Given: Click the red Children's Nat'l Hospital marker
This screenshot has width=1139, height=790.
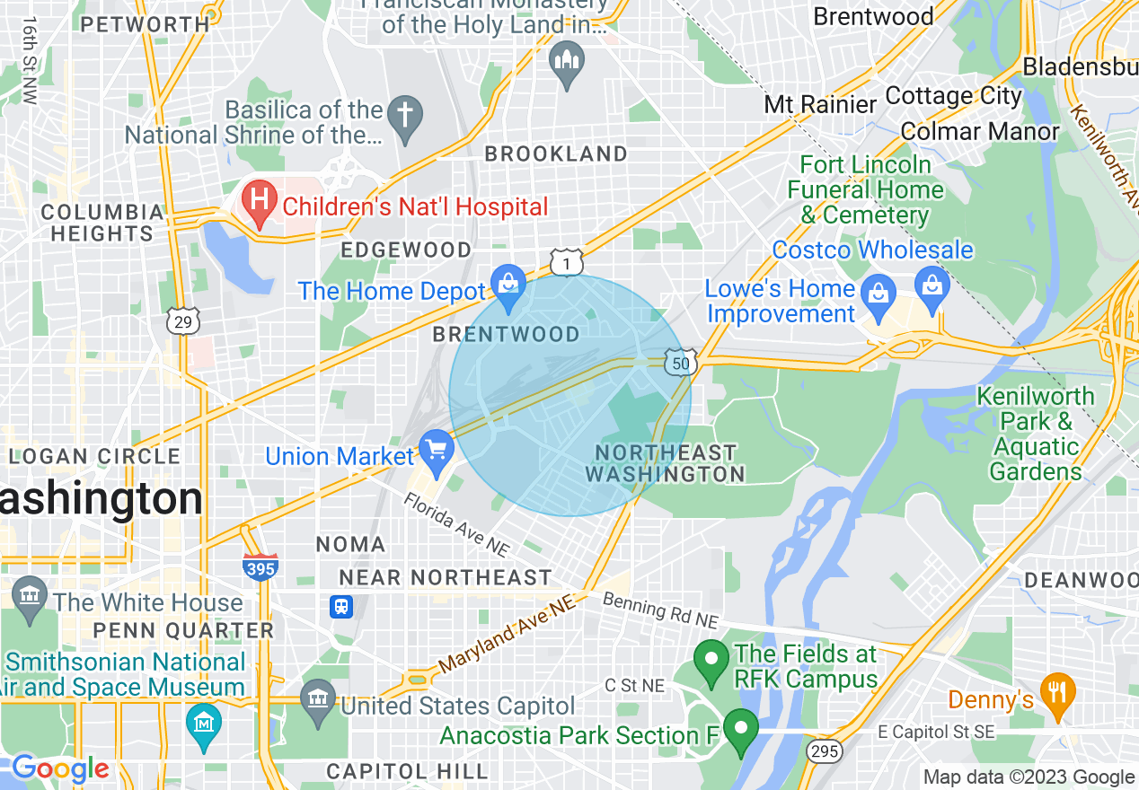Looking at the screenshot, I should coord(260,204).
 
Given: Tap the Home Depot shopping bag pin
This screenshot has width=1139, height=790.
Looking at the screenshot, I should coord(508,287).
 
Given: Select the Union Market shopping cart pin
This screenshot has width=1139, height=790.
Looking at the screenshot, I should coord(437,453).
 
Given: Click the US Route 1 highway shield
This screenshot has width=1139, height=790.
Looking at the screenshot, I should coord(567,263).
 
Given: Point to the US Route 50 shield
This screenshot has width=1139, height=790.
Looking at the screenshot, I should coord(680,363).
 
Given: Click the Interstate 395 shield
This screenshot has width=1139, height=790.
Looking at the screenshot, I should coord(260,566).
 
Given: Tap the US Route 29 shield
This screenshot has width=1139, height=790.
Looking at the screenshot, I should coord(182,321).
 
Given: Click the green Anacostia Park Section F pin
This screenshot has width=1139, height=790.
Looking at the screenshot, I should coord(741,731).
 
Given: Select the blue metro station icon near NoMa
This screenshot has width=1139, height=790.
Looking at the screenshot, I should coord(341,607).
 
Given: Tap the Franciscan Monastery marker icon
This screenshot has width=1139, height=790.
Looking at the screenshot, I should coord(567,63).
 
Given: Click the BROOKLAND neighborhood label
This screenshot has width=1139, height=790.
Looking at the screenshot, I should coord(556,154).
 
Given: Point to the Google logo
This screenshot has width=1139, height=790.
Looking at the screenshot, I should coord(60,768).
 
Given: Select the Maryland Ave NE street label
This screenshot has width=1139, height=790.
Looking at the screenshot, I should coord(507,637).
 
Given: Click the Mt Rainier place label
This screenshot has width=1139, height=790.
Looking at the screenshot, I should coord(819,104).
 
